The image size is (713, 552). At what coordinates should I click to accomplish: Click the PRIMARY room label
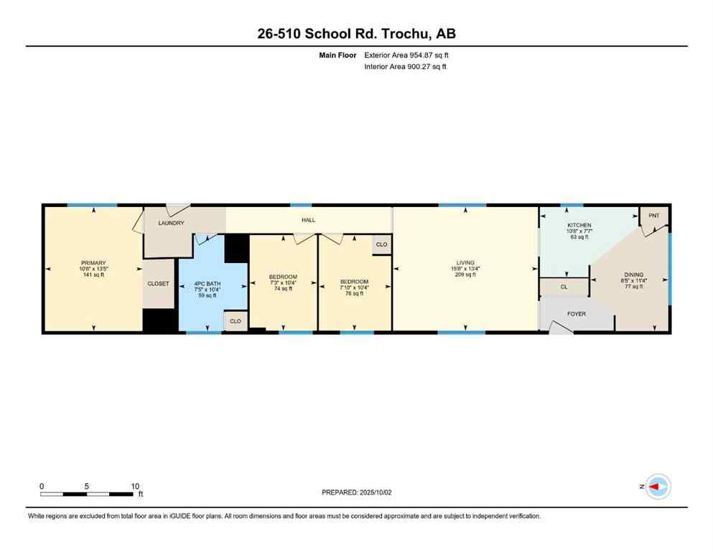pos(93,263)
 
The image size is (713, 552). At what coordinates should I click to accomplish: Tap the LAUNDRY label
pos(171,223)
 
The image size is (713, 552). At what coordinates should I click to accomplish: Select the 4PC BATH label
pos(208,283)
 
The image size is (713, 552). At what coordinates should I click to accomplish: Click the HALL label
pos(308,220)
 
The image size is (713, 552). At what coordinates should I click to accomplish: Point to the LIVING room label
pos(465,263)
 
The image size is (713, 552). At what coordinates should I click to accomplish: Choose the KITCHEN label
pos(579,225)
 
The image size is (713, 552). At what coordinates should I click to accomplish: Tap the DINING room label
pos(633,275)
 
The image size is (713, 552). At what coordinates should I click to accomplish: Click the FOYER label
pos(577,313)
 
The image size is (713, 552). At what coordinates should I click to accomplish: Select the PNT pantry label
pos(653,216)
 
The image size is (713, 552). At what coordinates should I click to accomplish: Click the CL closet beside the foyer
pos(564,287)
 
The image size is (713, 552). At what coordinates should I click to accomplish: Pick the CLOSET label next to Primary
pos(159,283)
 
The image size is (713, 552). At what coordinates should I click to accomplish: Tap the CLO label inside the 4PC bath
pos(235,321)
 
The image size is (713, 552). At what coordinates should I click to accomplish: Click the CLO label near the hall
pos(381,244)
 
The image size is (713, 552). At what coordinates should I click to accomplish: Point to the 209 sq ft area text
pos(465,275)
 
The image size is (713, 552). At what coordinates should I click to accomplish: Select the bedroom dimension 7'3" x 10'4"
pos(283,282)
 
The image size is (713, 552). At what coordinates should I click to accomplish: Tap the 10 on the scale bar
pos(135,486)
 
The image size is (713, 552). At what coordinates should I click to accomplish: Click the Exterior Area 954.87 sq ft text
pos(406,55)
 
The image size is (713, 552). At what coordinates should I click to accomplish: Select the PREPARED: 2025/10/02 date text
pos(356,492)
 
